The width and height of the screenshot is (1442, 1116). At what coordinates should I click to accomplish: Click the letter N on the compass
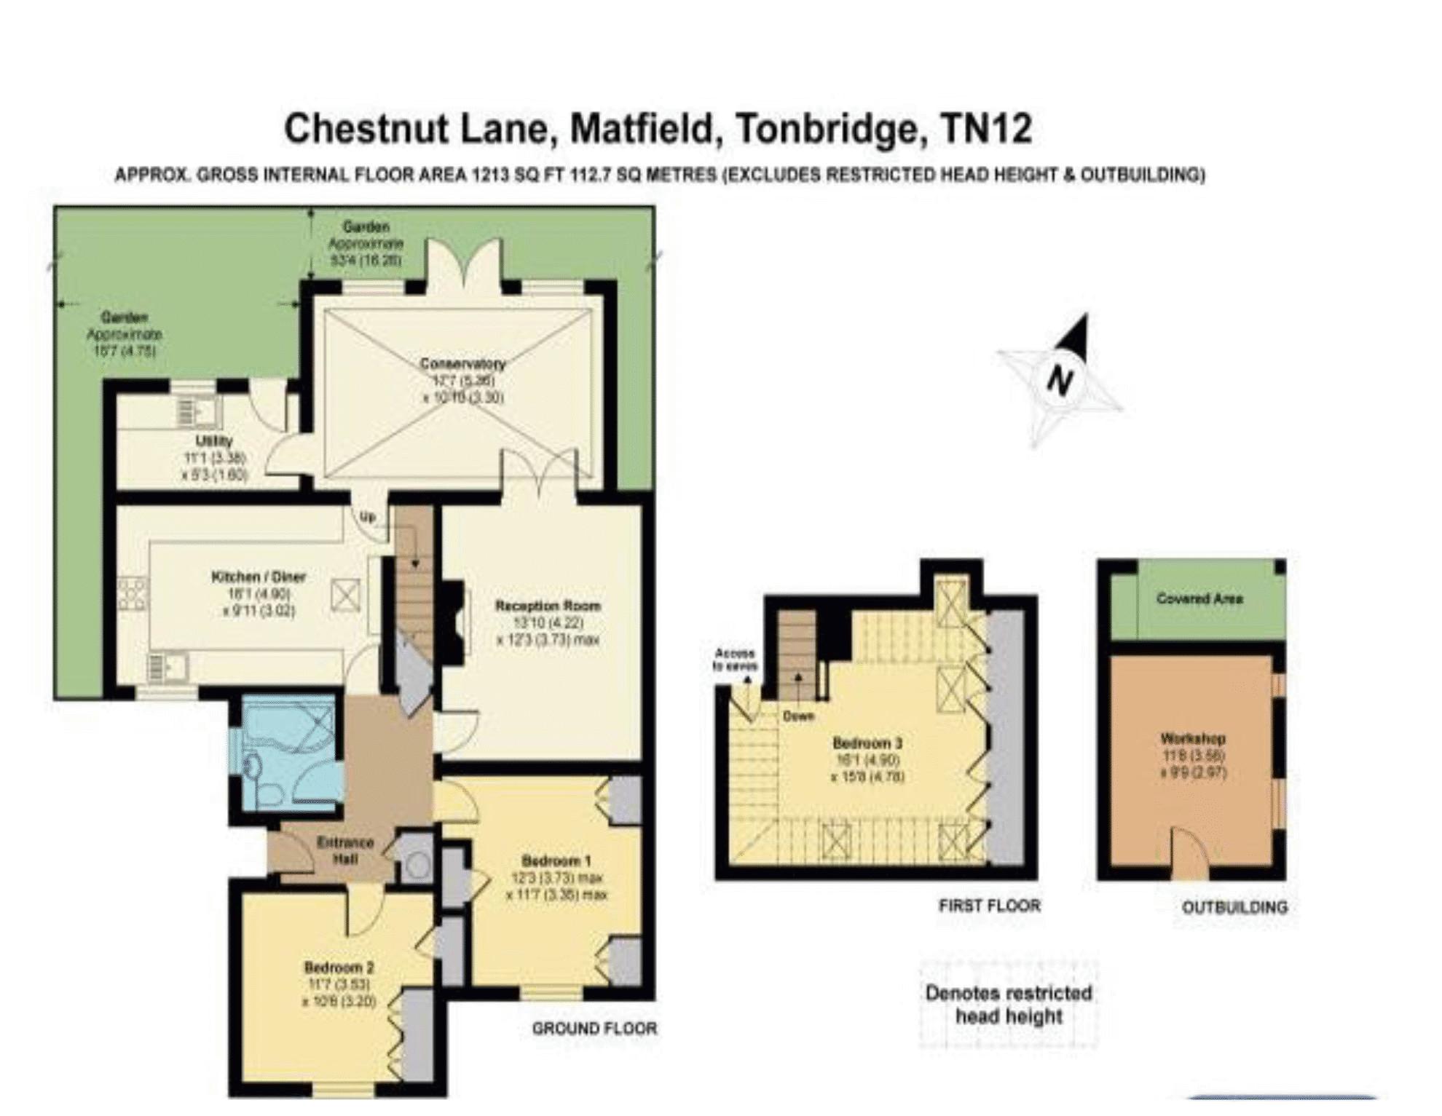click(1060, 379)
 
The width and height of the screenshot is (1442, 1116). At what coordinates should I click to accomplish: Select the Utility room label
click(214, 441)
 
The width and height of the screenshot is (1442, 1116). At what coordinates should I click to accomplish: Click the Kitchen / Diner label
click(259, 577)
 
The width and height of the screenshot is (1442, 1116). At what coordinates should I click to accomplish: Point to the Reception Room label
click(548, 606)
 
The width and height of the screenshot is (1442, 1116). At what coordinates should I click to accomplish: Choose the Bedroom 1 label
click(556, 861)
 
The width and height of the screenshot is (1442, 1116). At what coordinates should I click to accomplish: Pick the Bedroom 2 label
click(339, 967)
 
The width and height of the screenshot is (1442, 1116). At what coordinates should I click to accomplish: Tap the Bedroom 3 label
click(867, 743)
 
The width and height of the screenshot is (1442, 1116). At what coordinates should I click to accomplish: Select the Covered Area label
click(1199, 599)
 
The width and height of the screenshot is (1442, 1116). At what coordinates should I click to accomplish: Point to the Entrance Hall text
click(345, 850)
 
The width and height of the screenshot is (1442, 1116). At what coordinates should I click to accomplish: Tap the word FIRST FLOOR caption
click(989, 906)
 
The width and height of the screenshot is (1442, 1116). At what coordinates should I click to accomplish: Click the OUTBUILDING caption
click(1234, 907)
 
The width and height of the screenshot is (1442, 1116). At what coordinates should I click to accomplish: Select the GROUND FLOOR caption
click(594, 1029)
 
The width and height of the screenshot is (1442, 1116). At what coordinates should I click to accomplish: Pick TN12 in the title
click(987, 129)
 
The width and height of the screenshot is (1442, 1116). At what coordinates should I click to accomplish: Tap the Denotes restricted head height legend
click(1009, 1005)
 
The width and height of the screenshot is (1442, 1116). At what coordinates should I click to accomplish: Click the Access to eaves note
click(735, 660)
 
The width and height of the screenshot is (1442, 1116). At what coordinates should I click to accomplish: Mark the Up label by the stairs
click(368, 517)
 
